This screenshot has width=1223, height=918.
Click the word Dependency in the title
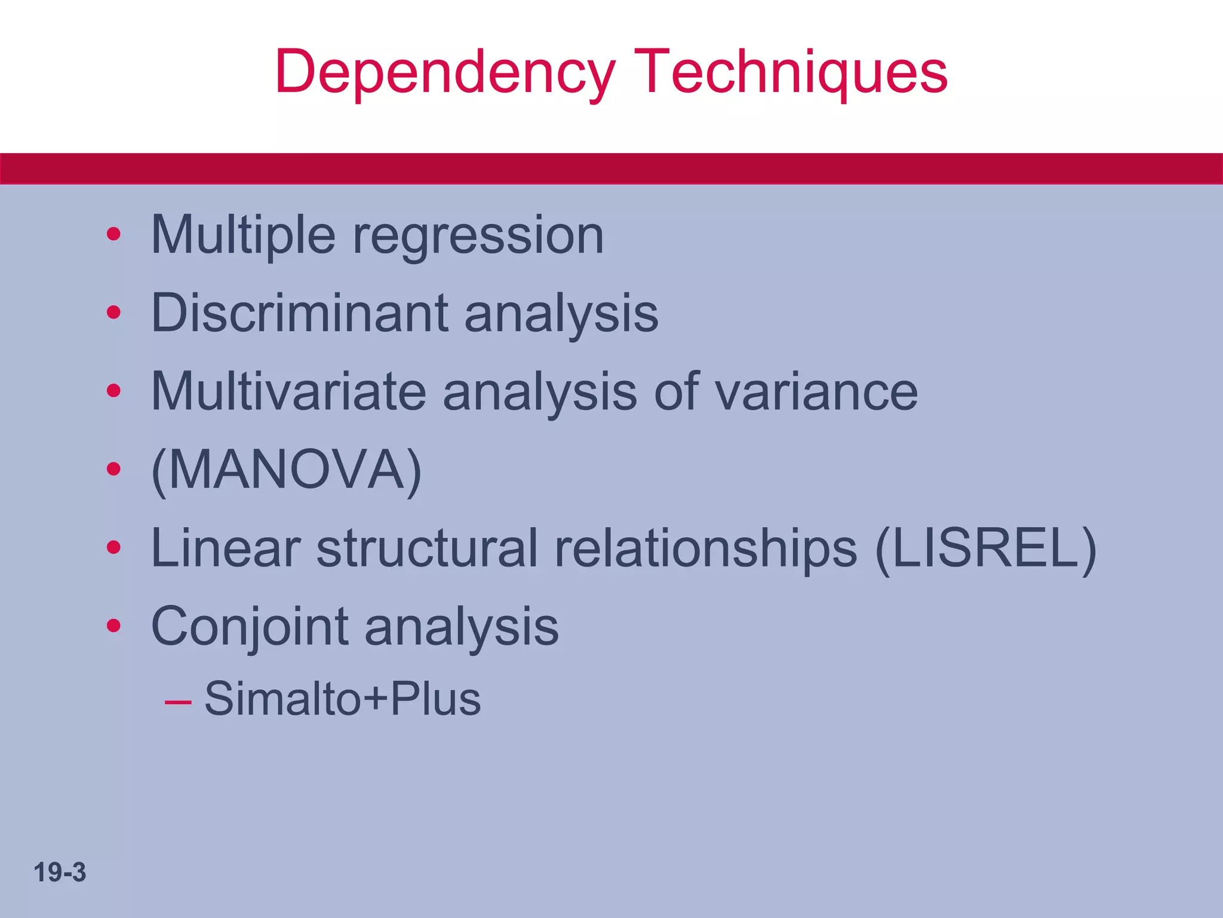[x=445, y=73]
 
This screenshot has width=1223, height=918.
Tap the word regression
[x=478, y=235]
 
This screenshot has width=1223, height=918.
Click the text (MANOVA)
[x=287, y=470]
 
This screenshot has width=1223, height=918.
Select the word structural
[x=427, y=548]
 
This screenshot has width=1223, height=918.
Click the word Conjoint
[x=250, y=627]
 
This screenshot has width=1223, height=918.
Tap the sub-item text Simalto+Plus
[x=342, y=699]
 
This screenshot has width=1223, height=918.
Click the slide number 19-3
[x=60, y=873]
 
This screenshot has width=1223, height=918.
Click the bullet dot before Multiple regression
[x=113, y=234]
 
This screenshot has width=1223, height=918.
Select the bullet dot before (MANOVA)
[x=113, y=469]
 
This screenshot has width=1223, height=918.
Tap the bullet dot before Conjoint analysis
[x=113, y=626]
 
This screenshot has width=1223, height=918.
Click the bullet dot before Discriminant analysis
[x=113, y=313]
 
